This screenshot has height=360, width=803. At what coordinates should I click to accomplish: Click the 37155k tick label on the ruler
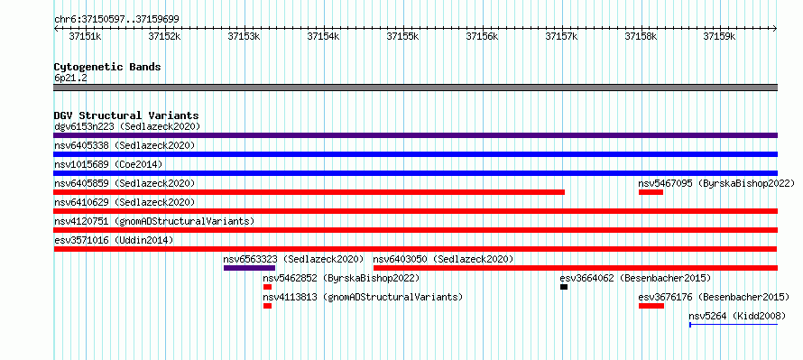click(x=402, y=36)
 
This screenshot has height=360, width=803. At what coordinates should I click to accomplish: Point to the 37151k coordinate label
click(x=85, y=36)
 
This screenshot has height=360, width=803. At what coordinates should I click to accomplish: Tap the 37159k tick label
click(x=719, y=36)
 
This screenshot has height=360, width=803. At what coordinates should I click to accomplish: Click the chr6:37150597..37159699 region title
click(x=116, y=20)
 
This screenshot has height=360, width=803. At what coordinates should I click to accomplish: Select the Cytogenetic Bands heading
click(x=107, y=67)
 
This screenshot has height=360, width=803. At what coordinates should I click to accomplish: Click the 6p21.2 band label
click(x=69, y=78)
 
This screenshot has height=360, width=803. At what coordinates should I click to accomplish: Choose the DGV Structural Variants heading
click(x=126, y=115)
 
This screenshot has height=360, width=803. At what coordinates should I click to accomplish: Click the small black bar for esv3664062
click(x=564, y=287)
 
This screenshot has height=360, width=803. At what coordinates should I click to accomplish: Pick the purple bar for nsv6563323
click(x=249, y=268)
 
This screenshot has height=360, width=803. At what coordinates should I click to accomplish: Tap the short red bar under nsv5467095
click(x=651, y=192)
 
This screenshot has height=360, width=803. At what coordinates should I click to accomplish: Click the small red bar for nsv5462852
click(x=267, y=287)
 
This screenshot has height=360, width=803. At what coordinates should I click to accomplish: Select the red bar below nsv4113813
click(x=267, y=306)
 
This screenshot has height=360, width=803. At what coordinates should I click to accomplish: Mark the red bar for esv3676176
click(x=651, y=306)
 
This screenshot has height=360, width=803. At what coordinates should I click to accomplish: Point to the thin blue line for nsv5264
click(x=734, y=325)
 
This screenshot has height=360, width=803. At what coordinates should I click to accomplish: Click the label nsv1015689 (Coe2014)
click(x=108, y=164)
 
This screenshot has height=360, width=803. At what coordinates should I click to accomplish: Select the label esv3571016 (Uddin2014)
click(x=114, y=240)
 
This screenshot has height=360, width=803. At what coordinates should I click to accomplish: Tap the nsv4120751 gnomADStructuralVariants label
click(x=154, y=221)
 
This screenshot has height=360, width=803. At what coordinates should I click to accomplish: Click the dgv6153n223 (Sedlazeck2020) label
click(x=127, y=126)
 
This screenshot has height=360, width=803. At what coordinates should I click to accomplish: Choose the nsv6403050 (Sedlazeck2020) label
click(x=444, y=259)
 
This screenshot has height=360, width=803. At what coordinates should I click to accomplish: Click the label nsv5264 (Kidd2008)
click(x=737, y=316)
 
